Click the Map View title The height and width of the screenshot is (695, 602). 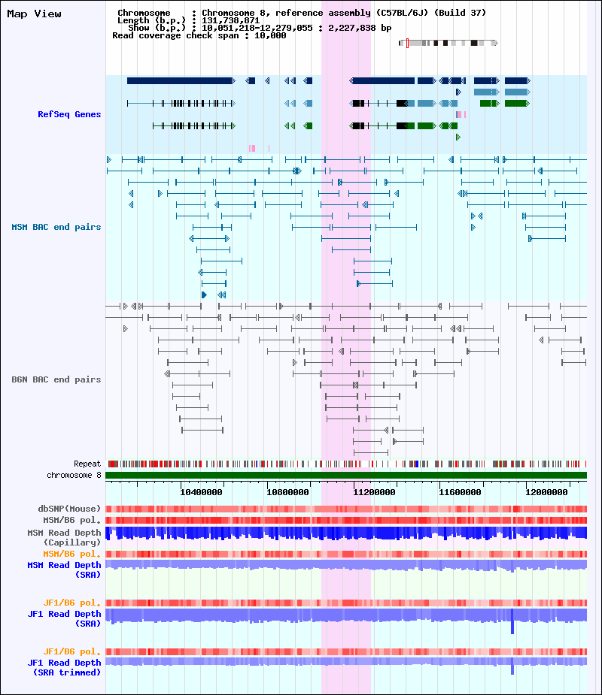click(34, 14)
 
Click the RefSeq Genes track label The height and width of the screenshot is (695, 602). click(69, 114)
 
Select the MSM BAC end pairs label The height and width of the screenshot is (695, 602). click(56, 227)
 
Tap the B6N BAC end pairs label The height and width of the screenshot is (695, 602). click(56, 379)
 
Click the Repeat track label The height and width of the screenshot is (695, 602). click(87, 464)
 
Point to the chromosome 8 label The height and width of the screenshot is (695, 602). click(74, 475)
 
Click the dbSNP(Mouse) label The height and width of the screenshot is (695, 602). click(69, 509)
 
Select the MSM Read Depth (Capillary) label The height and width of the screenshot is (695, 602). click(65, 537)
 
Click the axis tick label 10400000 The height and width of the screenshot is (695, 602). click(201, 492)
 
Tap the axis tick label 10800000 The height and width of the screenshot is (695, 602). click(287, 492)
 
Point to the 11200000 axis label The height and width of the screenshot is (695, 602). click(374, 492)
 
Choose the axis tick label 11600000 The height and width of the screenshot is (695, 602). click(460, 492)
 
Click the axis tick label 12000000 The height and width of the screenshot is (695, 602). click(546, 492)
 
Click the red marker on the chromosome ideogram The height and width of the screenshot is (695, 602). click(407, 43)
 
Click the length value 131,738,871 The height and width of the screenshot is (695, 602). click(231, 20)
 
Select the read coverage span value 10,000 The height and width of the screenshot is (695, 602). click(270, 35)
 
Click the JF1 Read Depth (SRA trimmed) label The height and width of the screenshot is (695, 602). click(65, 667)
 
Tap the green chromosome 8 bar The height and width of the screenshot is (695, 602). click(346, 475)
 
